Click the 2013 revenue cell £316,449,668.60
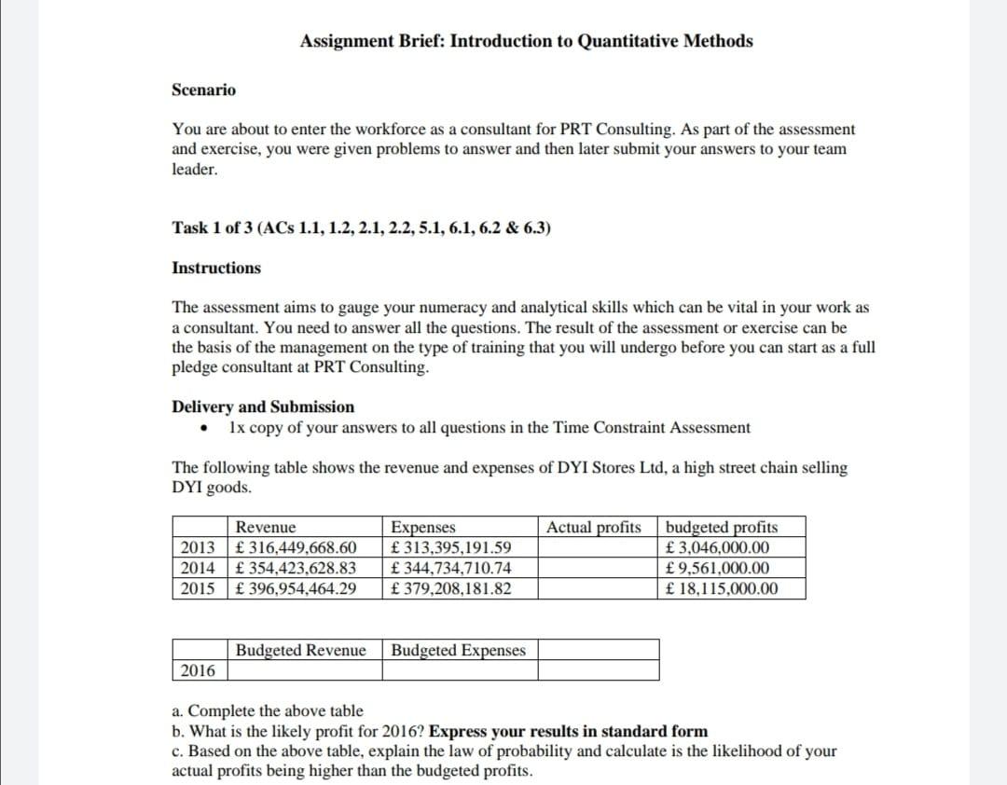(297, 548)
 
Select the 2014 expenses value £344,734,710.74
(451, 569)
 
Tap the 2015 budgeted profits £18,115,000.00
(723, 589)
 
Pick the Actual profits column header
(594, 528)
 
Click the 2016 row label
(198, 670)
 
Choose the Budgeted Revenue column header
(300, 650)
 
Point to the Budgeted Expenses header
(459, 650)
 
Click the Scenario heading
(204, 90)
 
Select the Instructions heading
(216, 269)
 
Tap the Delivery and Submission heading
(263, 406)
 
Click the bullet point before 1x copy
(202, 430)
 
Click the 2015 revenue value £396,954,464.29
(297, 589)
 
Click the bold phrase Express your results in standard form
(568, 731)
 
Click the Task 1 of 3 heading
(361, 228)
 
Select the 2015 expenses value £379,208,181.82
(451, 589)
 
